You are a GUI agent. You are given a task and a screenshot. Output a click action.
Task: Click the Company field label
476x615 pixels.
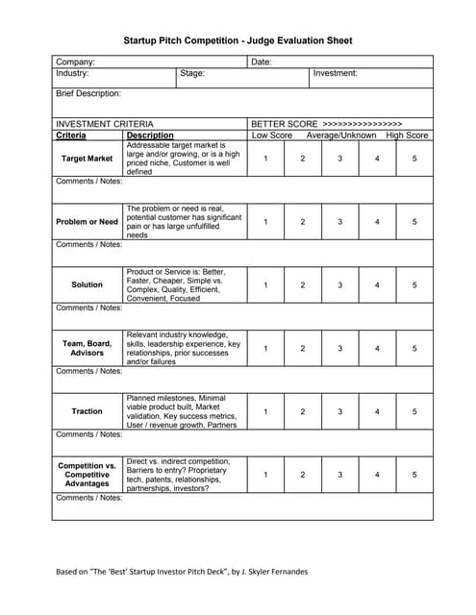75,61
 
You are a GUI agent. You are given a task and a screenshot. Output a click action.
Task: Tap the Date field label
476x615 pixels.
262,61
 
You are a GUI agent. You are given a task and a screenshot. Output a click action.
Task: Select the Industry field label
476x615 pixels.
73,73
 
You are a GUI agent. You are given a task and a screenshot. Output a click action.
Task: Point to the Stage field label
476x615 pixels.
192,73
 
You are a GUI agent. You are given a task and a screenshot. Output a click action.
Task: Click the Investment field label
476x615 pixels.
335,73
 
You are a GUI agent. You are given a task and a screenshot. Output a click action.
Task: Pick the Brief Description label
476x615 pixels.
88,94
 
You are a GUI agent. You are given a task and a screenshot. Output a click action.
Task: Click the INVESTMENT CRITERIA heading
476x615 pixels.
104,124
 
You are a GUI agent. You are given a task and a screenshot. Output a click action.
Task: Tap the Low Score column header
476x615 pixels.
272,135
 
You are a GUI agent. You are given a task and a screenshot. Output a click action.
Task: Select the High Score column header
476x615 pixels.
407,135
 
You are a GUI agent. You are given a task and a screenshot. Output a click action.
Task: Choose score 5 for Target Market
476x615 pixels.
414,159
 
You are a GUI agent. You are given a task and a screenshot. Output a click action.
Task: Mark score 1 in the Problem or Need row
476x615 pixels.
265,222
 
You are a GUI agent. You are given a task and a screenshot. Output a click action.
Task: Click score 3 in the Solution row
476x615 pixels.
339,285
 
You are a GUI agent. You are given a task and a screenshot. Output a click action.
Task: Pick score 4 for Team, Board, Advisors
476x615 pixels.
377,349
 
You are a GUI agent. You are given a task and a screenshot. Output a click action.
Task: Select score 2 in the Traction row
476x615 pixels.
302,412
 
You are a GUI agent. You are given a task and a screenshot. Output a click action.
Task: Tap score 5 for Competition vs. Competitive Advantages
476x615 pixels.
414,475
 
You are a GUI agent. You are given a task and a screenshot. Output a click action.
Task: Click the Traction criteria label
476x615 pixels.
87,412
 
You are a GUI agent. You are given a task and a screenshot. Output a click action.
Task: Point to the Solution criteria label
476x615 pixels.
87,285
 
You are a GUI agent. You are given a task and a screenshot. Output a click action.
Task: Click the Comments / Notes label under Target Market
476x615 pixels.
88,182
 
